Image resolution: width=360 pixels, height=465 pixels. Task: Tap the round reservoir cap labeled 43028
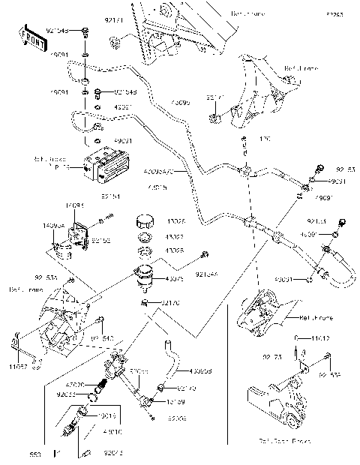click(x=144, y=223)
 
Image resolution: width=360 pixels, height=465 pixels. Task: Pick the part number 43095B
click(x=200, y=370)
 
